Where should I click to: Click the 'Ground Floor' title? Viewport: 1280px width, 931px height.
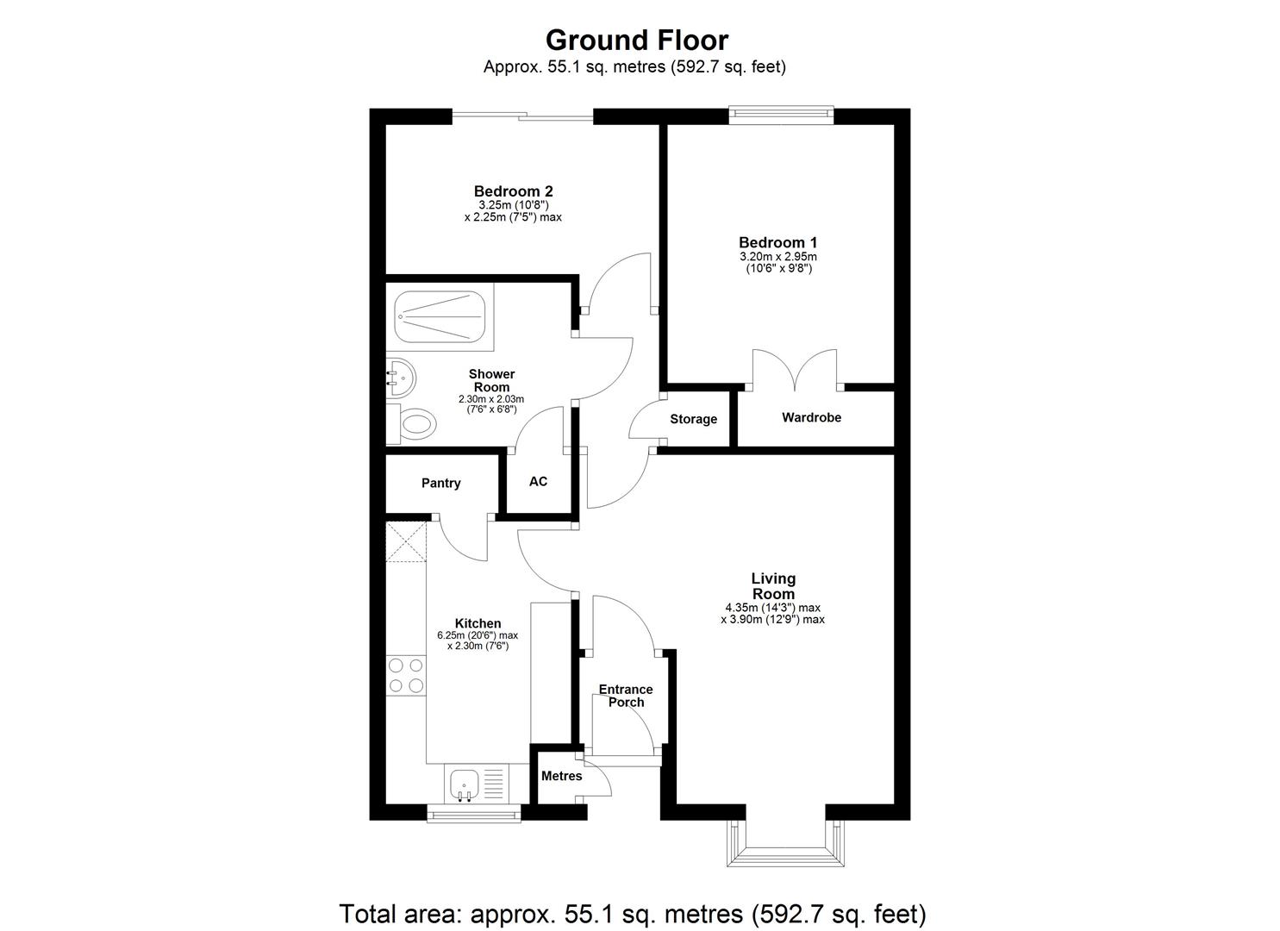click(x=637, y=41)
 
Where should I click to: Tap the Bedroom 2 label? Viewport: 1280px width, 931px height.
click(x=513, y=191)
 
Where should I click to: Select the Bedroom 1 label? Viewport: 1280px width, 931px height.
click(x=777, y=243)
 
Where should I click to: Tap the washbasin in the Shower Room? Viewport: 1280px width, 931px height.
click(x=401, y=376)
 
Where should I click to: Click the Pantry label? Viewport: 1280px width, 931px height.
click(x=440, y=484)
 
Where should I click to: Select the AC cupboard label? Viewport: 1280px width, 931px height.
click(x=538, y=482)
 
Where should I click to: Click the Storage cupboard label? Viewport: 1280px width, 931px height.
click(x=693, y=420)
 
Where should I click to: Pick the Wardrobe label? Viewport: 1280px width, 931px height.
click(x=811, y=418)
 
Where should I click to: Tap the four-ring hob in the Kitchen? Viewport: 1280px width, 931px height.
click(x=405, y=675)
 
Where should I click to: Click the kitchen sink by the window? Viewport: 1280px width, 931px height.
click(x=465, y=784)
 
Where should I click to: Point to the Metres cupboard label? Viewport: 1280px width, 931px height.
click(x=561, y=777)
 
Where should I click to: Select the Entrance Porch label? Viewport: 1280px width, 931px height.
click(x=626, y=696)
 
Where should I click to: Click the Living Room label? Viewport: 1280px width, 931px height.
click(x=772, y=586)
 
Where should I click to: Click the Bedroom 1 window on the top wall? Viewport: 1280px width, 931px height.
click(x=781, y=111)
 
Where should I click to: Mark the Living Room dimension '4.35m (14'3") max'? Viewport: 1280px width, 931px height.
click(x=772, y=608)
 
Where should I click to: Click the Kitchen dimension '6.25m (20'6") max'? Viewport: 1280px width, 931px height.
click(x=478, y=636)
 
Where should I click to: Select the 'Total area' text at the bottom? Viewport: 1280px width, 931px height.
click(x=633, y=913)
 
